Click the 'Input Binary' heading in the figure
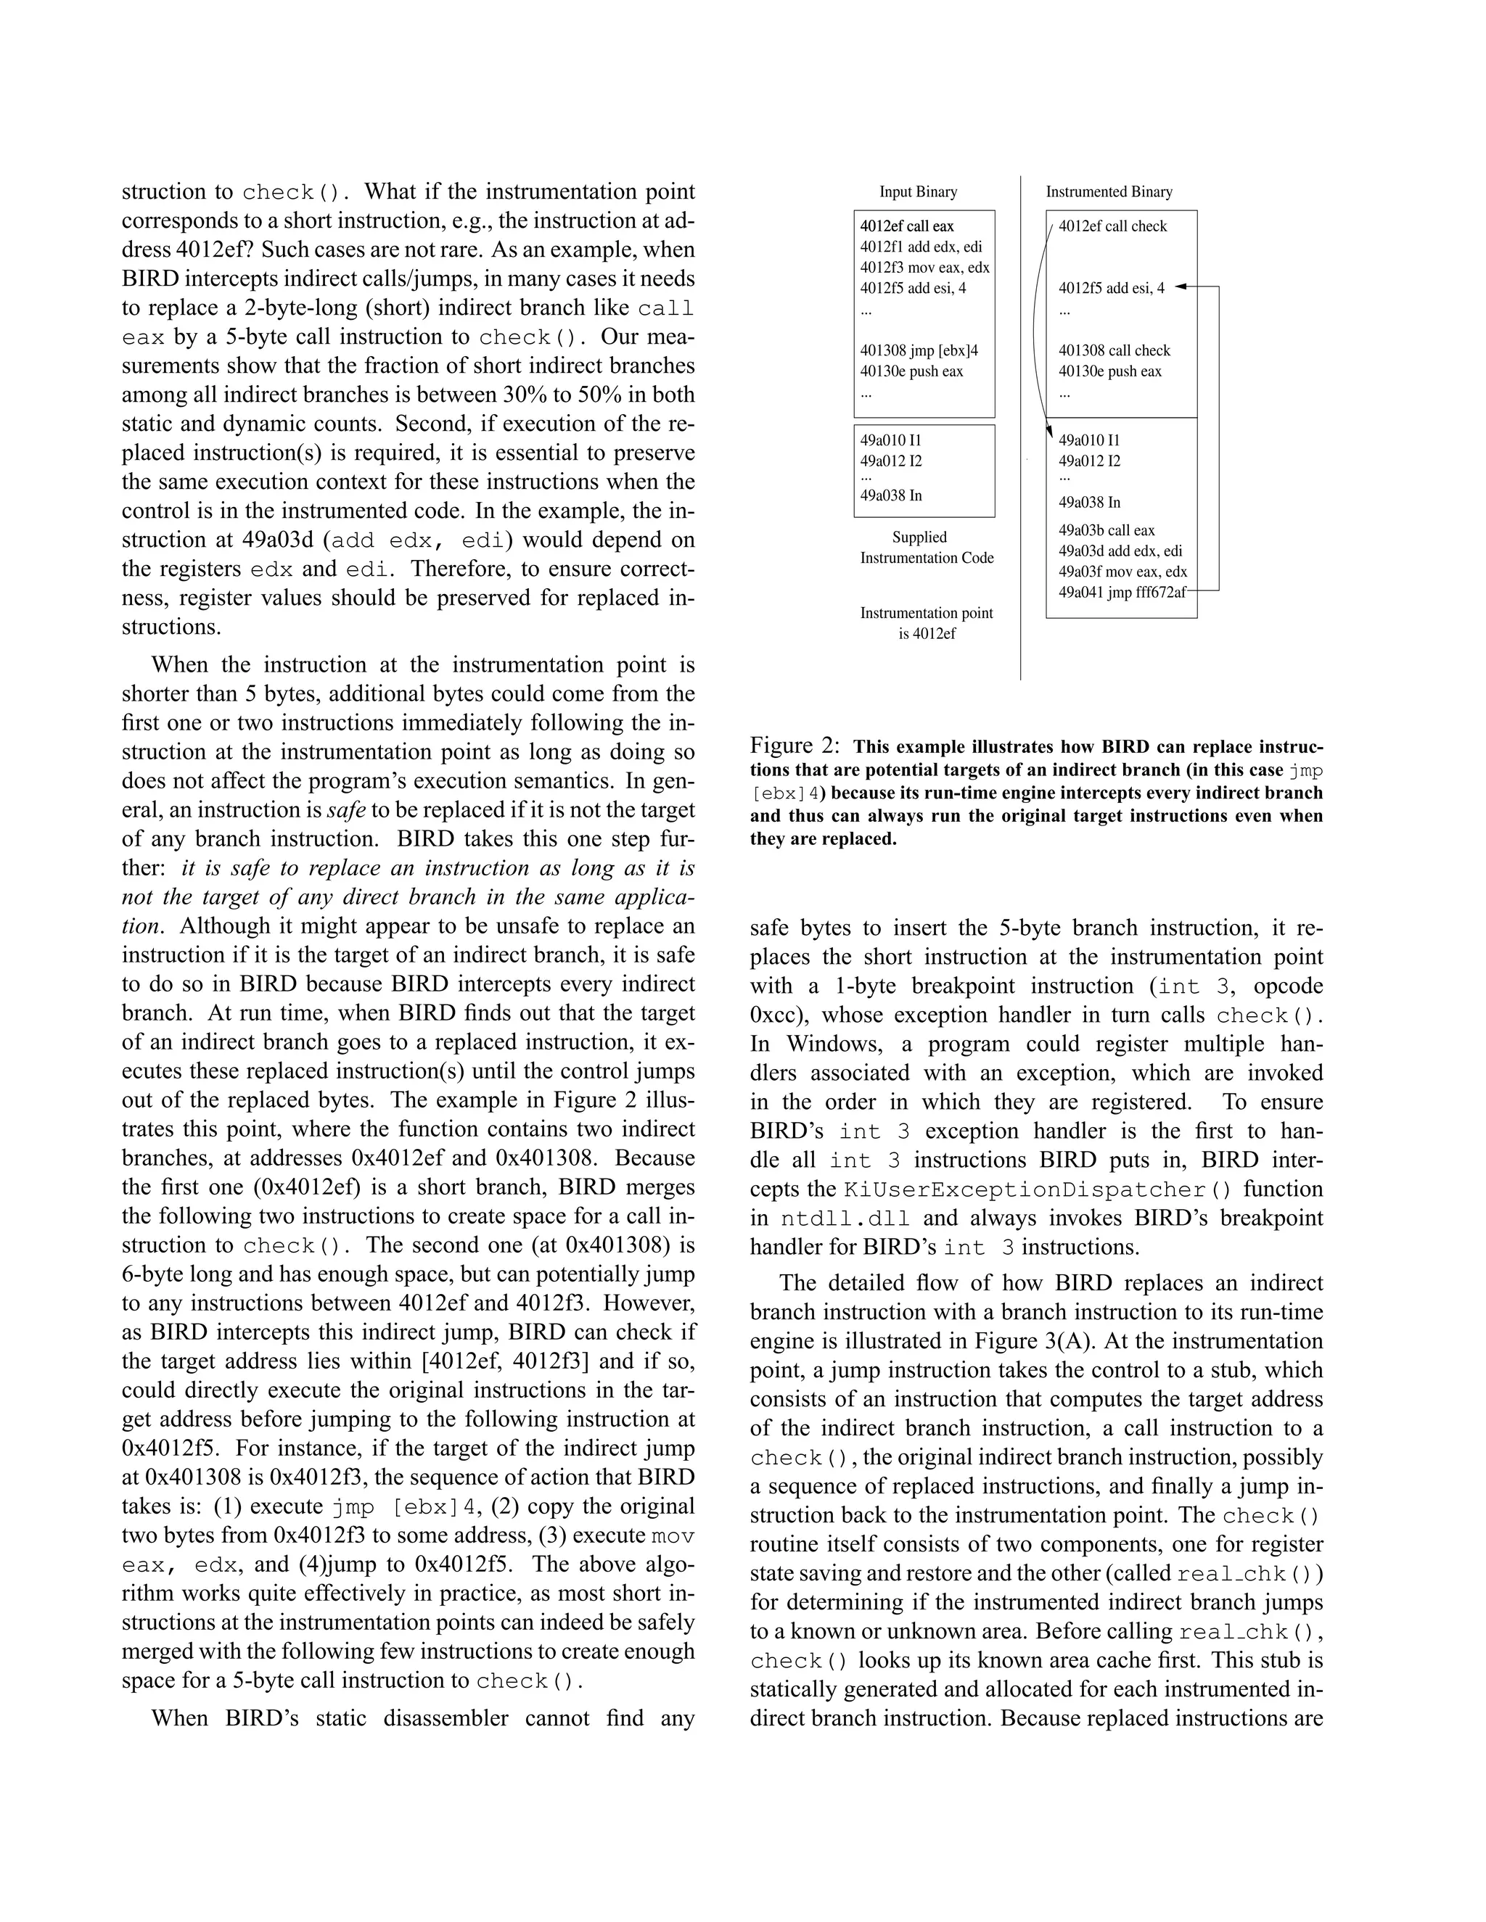click(918, 192)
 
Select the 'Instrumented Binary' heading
click(1109, 192)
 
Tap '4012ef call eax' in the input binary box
click(907, 226)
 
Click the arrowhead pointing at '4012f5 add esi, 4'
click(1181, 287)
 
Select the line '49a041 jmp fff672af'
click(1122, 593)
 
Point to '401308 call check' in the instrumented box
click(1114, 350)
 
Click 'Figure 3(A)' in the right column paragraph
click(1030, 1341)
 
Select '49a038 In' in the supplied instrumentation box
click(891, 495)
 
